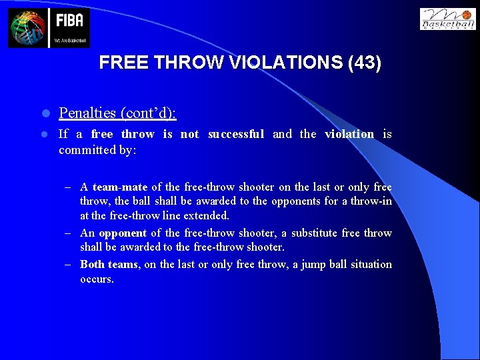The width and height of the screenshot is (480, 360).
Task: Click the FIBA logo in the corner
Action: [x=49, y=27]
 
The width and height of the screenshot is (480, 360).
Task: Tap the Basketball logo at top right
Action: [x=447, y=19]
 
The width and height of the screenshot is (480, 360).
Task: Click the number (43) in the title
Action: [x=365, y=63]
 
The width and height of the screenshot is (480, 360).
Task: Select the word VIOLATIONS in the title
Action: [x=289, y=63]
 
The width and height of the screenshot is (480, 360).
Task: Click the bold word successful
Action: [x=236, y=134]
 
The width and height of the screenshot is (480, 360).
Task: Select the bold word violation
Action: [x=349, y=134]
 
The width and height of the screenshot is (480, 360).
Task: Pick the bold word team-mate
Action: [x=119, y=187]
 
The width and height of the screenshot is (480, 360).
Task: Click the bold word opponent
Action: [x=123, y=233]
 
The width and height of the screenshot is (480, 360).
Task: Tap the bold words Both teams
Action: [x=109, y=264]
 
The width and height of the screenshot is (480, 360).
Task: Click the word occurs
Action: [x=97, y=279]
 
